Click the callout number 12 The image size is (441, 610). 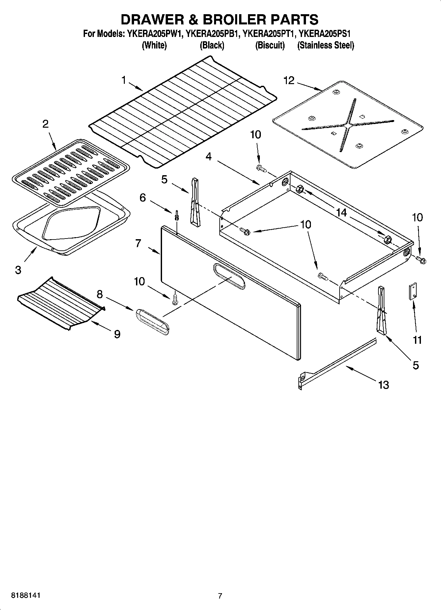click(289, 80)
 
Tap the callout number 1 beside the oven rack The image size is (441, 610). click(124, 80)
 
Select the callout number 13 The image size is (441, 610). click(384, 385)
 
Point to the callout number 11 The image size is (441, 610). click(417, 340)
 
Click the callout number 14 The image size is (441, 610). click(342, 213)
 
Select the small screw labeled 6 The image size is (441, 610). click(177, 215)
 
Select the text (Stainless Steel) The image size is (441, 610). click(325, 46)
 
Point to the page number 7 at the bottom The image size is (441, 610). click(220, 596)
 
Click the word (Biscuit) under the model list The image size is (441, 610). click(270, 46)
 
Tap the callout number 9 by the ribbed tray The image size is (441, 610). click(117, 334)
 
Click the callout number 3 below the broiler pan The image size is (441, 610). click(18, 270)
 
